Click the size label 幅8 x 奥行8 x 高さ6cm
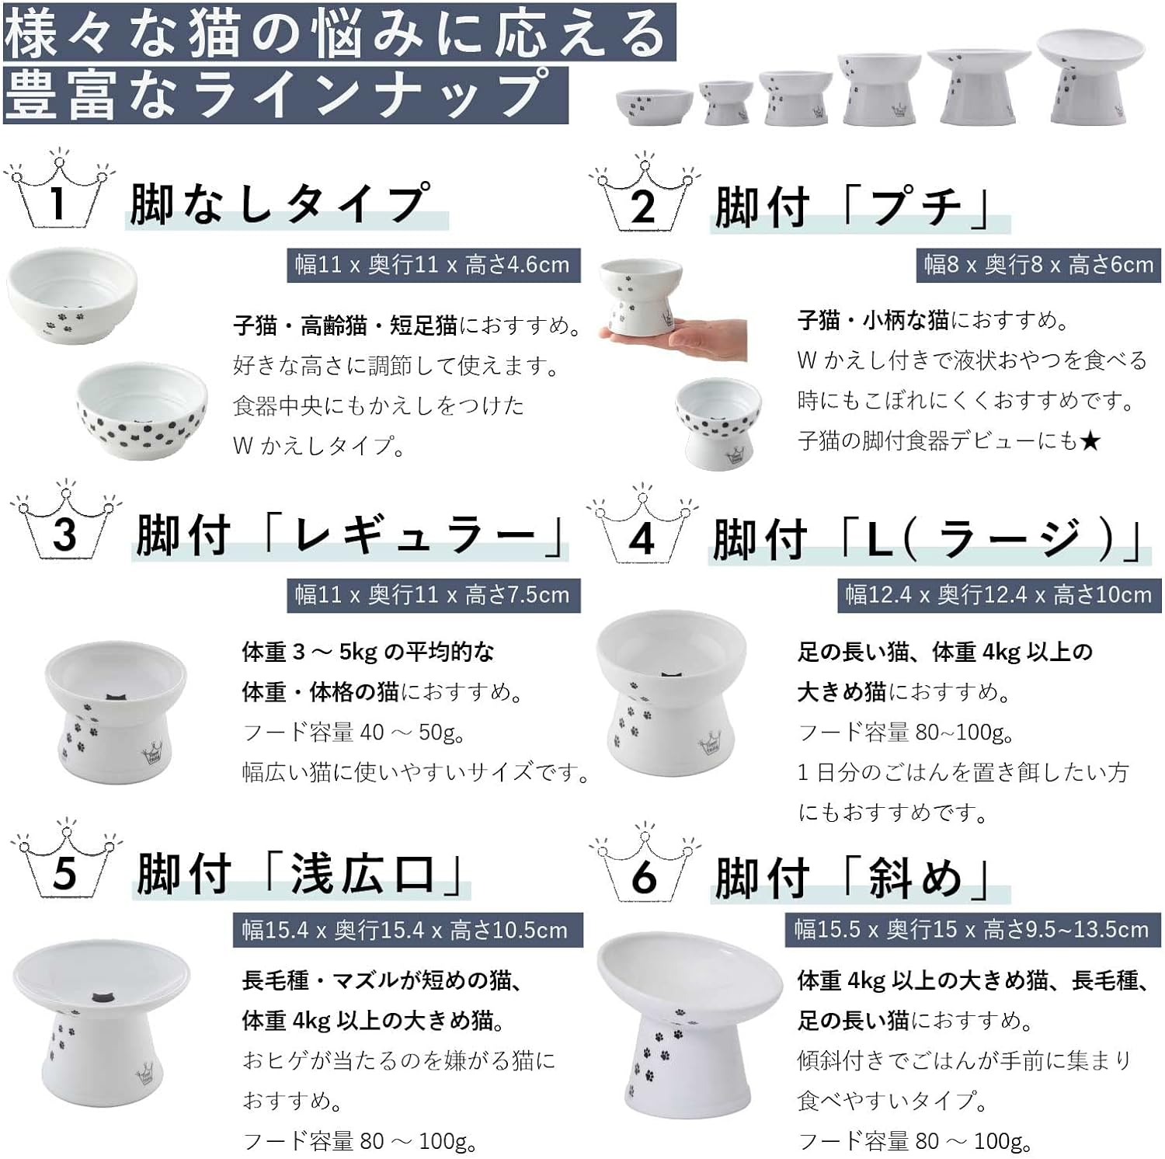point(1038,265)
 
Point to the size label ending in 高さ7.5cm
point(433,595)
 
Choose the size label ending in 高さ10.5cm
point(407,930)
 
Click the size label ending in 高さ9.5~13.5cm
point(972,929)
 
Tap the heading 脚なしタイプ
point(280,204)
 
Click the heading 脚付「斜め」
point(854,879)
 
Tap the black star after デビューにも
point(1090,440)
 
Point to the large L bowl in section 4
point(671,694)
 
